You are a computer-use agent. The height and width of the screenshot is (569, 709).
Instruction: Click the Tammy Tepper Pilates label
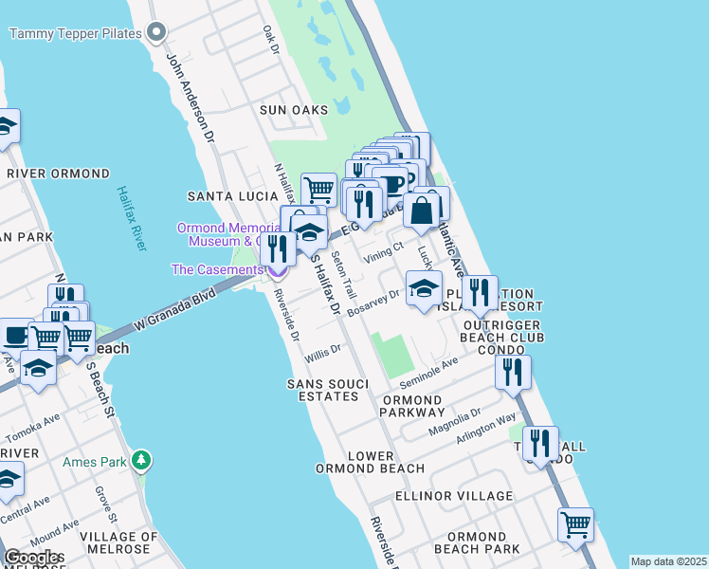[x=75, y=34]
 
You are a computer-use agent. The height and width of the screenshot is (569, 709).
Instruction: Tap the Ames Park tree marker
[x=141, y=461]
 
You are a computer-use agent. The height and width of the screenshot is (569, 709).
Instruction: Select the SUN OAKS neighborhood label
[x=294, y=111]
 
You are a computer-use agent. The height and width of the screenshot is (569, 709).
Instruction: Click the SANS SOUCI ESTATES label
[x=323, y=390]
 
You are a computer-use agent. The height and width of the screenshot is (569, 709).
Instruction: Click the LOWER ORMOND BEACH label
[x=372, y=462]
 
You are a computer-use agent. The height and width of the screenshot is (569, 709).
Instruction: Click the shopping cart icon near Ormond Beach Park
[x=575, y=523]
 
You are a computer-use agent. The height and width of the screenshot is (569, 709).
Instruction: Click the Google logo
[x=32, y=557]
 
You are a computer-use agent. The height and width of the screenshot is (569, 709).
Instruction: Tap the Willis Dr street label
[x=322, y=354]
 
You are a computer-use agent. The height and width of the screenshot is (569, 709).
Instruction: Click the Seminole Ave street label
[x=427, y=372]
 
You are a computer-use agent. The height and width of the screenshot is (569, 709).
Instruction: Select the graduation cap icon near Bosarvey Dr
[x=424, y=287]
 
